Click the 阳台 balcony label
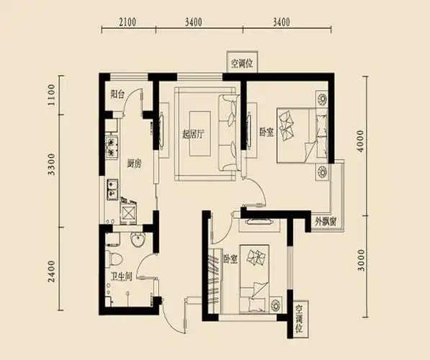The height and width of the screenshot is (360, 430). click(x=119, y=94)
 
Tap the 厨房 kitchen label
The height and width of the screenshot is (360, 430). click(x=133, y=163)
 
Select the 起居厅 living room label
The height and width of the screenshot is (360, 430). click(x=194, y=134)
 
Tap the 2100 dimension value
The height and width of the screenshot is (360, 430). click(x=127, y=22)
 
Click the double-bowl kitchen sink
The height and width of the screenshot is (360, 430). click(x=112, y=189)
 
